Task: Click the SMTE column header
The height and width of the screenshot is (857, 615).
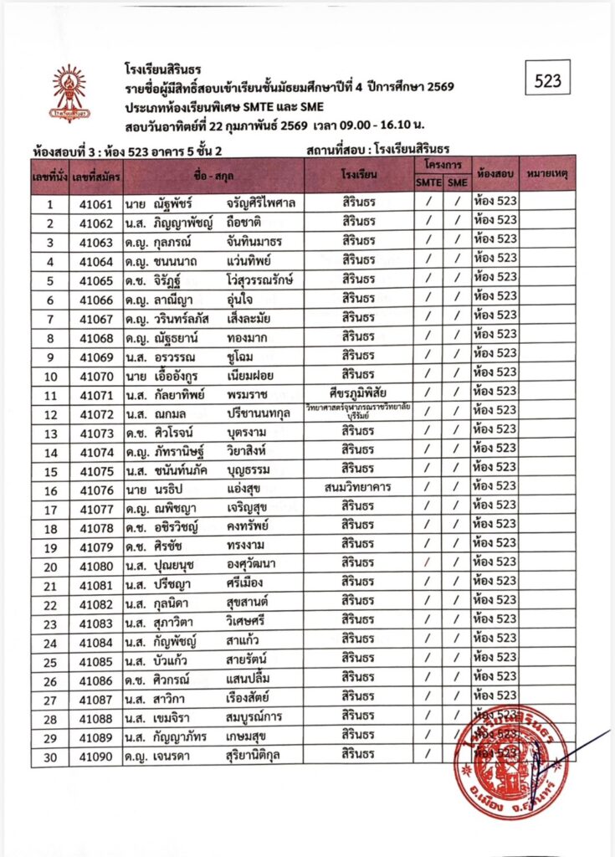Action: point(428,183)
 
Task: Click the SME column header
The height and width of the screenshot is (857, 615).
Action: point(456,183)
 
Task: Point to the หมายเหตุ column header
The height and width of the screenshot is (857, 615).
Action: point(548,174)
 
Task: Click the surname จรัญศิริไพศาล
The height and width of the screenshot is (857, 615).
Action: point(262,204)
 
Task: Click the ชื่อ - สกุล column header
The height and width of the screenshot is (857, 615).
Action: point(213,176)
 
